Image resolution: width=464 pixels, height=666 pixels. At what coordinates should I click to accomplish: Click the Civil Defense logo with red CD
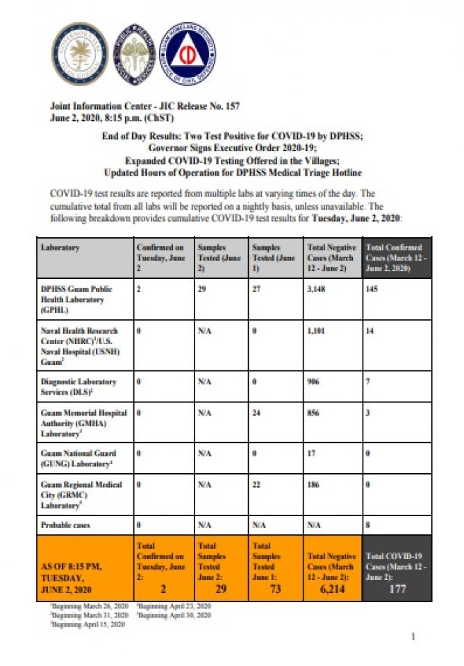pyautogui.click(x=187, y=53)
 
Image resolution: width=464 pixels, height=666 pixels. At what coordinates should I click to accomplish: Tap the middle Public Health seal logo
pyautogui.click(x=134, y=52)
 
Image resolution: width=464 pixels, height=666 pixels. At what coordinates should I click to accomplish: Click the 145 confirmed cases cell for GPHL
pyautogui.click(x=372, y=289)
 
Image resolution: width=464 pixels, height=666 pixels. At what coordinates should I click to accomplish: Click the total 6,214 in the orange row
pyautogui.click(x=331, y=588)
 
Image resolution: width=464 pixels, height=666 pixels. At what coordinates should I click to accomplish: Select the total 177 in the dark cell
pyautogui.click(x=396, y=589)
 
